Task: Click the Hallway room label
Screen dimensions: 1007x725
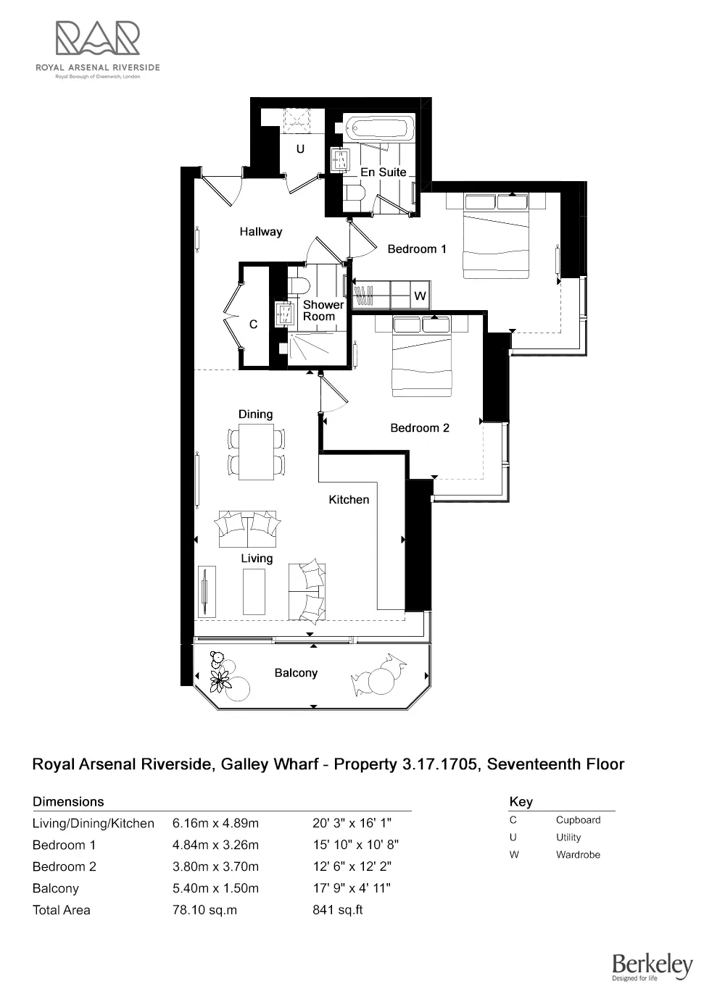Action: [261, 232]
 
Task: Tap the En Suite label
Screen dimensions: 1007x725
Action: [383, 172]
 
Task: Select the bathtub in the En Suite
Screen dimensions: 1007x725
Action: [378, 129]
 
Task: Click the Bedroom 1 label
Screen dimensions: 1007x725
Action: [417, 249]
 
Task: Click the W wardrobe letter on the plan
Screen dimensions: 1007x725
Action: [420, 296]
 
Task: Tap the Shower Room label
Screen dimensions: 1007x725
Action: [319, 311]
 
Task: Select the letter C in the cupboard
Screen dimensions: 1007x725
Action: [253, 325]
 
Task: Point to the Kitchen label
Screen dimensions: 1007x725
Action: [349, 500]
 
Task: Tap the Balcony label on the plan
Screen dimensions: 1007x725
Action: [296, 673]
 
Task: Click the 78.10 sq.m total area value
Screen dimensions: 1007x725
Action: [204, 910]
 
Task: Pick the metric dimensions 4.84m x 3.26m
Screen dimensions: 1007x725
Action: [215, 845]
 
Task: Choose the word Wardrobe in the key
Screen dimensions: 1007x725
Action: [578, 855]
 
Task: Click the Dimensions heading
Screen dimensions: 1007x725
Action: [68, 801]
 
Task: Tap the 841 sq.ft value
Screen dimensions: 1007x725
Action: [337, 910]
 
